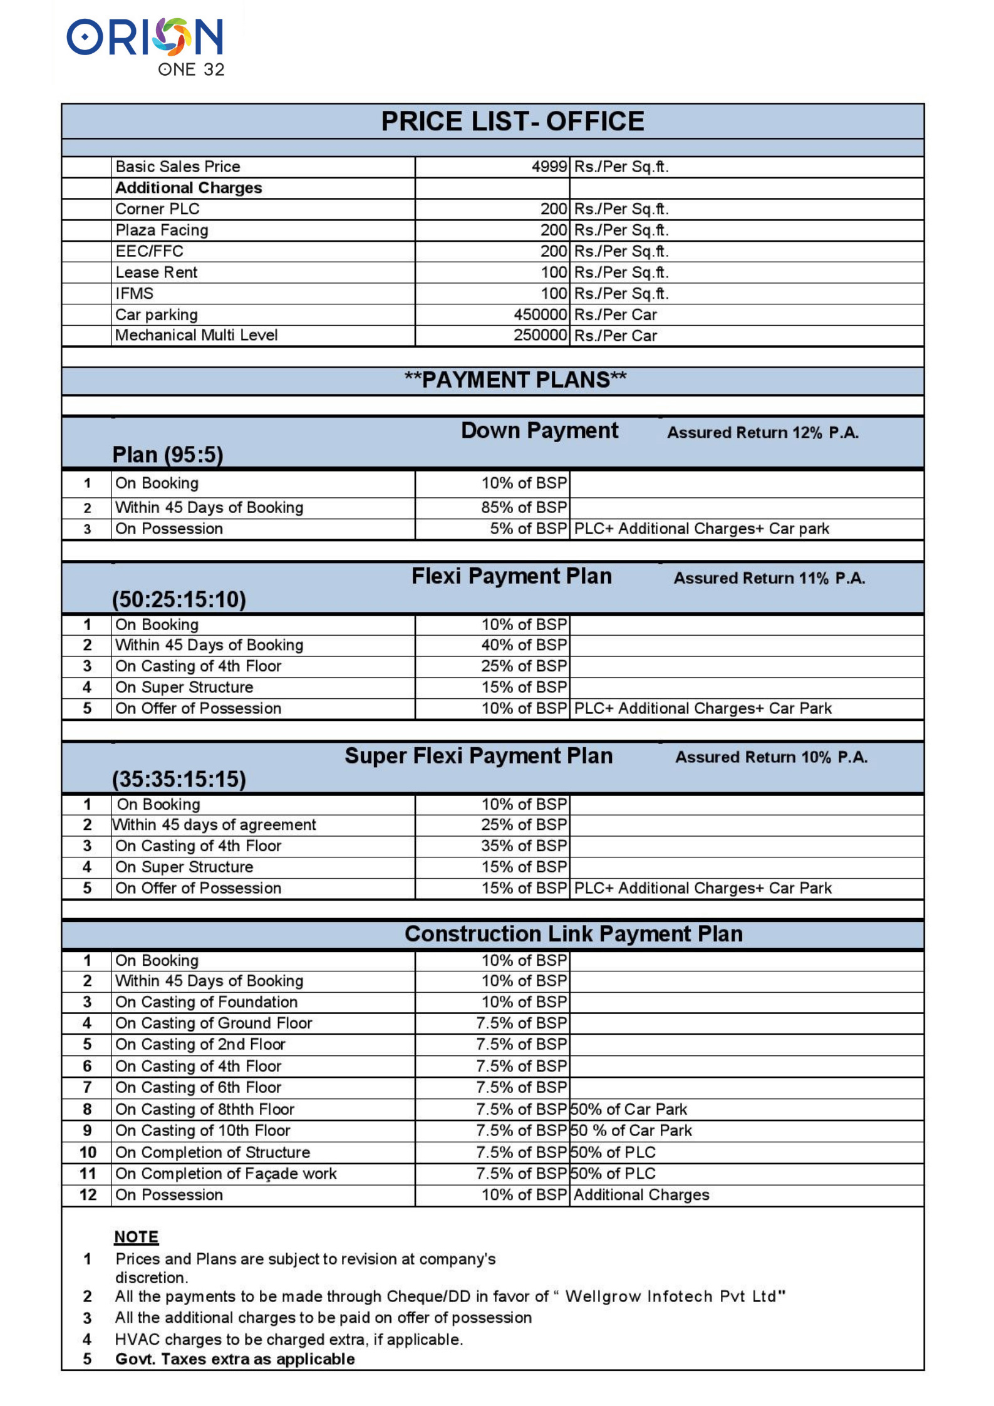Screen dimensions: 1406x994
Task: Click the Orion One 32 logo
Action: point(145,46)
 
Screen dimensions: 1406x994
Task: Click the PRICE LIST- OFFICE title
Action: point(512,121)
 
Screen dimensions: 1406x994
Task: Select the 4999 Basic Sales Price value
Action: point(549,167)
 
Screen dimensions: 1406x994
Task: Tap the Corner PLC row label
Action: point(157,209)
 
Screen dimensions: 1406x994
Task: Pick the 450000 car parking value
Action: point(540,314)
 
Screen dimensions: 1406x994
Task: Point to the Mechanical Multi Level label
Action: point(196,335)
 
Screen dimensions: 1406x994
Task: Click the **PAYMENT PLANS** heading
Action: point(515,380)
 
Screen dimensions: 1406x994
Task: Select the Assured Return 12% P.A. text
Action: point(762,433)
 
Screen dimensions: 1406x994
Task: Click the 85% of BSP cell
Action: point(524,507)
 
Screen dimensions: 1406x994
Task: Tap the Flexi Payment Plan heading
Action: point(511,576)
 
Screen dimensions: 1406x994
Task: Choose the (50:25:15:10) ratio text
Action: point(179,599)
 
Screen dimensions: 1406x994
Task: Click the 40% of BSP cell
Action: point(524,645)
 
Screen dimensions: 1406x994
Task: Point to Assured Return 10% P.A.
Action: point(771,757)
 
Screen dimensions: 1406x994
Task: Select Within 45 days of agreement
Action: point(214,825)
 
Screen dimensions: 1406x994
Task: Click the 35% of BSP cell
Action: point(524,846)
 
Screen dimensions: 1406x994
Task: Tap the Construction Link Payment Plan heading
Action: point(573,934)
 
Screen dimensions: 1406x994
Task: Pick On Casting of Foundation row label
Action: point(206,1002)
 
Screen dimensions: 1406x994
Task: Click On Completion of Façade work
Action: point(225,1174)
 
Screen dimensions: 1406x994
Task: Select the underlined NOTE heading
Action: point(136,1237)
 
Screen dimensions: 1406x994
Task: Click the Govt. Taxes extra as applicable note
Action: point(235,1359)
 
